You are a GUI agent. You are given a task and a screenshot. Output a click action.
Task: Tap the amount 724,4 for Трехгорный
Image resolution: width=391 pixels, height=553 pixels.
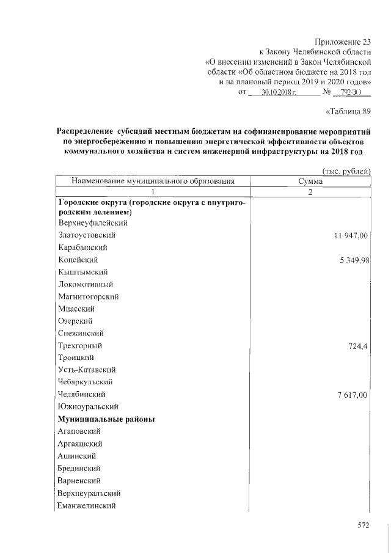pos(358,346)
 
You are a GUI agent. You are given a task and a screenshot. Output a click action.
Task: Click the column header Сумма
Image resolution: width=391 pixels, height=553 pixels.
pos(310,181)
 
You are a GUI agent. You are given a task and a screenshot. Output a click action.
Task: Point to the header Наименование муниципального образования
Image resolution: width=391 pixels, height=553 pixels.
pos(153,181)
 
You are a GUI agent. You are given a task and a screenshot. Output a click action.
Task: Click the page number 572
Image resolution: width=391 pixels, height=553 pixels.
pos(364,525)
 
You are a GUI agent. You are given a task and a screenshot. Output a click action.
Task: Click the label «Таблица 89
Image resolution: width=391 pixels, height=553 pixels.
pos(349,111)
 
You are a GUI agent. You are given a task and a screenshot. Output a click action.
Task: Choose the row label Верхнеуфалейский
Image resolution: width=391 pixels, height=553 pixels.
pos(89,223)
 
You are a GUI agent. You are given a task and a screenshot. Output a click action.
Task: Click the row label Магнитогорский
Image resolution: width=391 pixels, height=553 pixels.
pos(88,296)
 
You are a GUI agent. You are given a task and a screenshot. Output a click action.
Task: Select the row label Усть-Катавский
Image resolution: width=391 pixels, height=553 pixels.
pos(87,370)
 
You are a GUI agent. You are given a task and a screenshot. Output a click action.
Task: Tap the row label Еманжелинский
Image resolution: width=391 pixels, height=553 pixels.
pos(86,505)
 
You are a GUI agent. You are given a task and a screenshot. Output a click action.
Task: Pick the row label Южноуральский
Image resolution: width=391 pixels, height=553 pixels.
pos(88,407)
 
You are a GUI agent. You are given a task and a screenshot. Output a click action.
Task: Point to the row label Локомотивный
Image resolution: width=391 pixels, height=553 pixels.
pos(86,284)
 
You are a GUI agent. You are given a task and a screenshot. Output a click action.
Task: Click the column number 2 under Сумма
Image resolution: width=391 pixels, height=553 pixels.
pos(310,192)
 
